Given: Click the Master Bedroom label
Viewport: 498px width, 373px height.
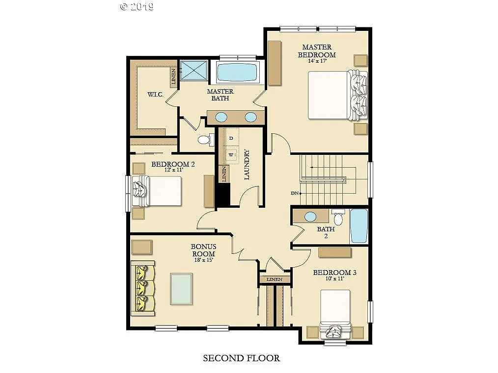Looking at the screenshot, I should point(317,51).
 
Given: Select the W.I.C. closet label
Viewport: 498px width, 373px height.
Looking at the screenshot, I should point(155,94).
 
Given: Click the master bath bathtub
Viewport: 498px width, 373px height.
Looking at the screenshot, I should point(237,73).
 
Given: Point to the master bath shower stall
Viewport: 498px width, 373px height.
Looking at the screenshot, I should point(194,70).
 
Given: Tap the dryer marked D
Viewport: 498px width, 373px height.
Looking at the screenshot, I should point(231,138).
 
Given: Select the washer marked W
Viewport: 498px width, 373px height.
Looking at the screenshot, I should point(231,155).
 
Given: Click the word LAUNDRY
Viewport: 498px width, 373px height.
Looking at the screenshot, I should point(248,165).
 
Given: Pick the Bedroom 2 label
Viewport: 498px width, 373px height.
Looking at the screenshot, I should point(173,164).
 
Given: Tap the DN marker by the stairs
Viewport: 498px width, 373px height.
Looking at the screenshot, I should point(295,193).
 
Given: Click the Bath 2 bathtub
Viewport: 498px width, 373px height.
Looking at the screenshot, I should point(359,225).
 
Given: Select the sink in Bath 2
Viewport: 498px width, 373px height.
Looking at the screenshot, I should point(310,216).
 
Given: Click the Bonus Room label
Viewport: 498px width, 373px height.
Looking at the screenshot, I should point(203,250).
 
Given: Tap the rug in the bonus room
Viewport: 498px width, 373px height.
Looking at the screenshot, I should point(181,289).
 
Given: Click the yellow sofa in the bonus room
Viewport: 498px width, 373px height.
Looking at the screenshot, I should point(143,289).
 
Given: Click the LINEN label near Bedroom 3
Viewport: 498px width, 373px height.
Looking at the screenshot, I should point(275,279).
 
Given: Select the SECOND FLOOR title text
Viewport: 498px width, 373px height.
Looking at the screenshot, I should point(242,358).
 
